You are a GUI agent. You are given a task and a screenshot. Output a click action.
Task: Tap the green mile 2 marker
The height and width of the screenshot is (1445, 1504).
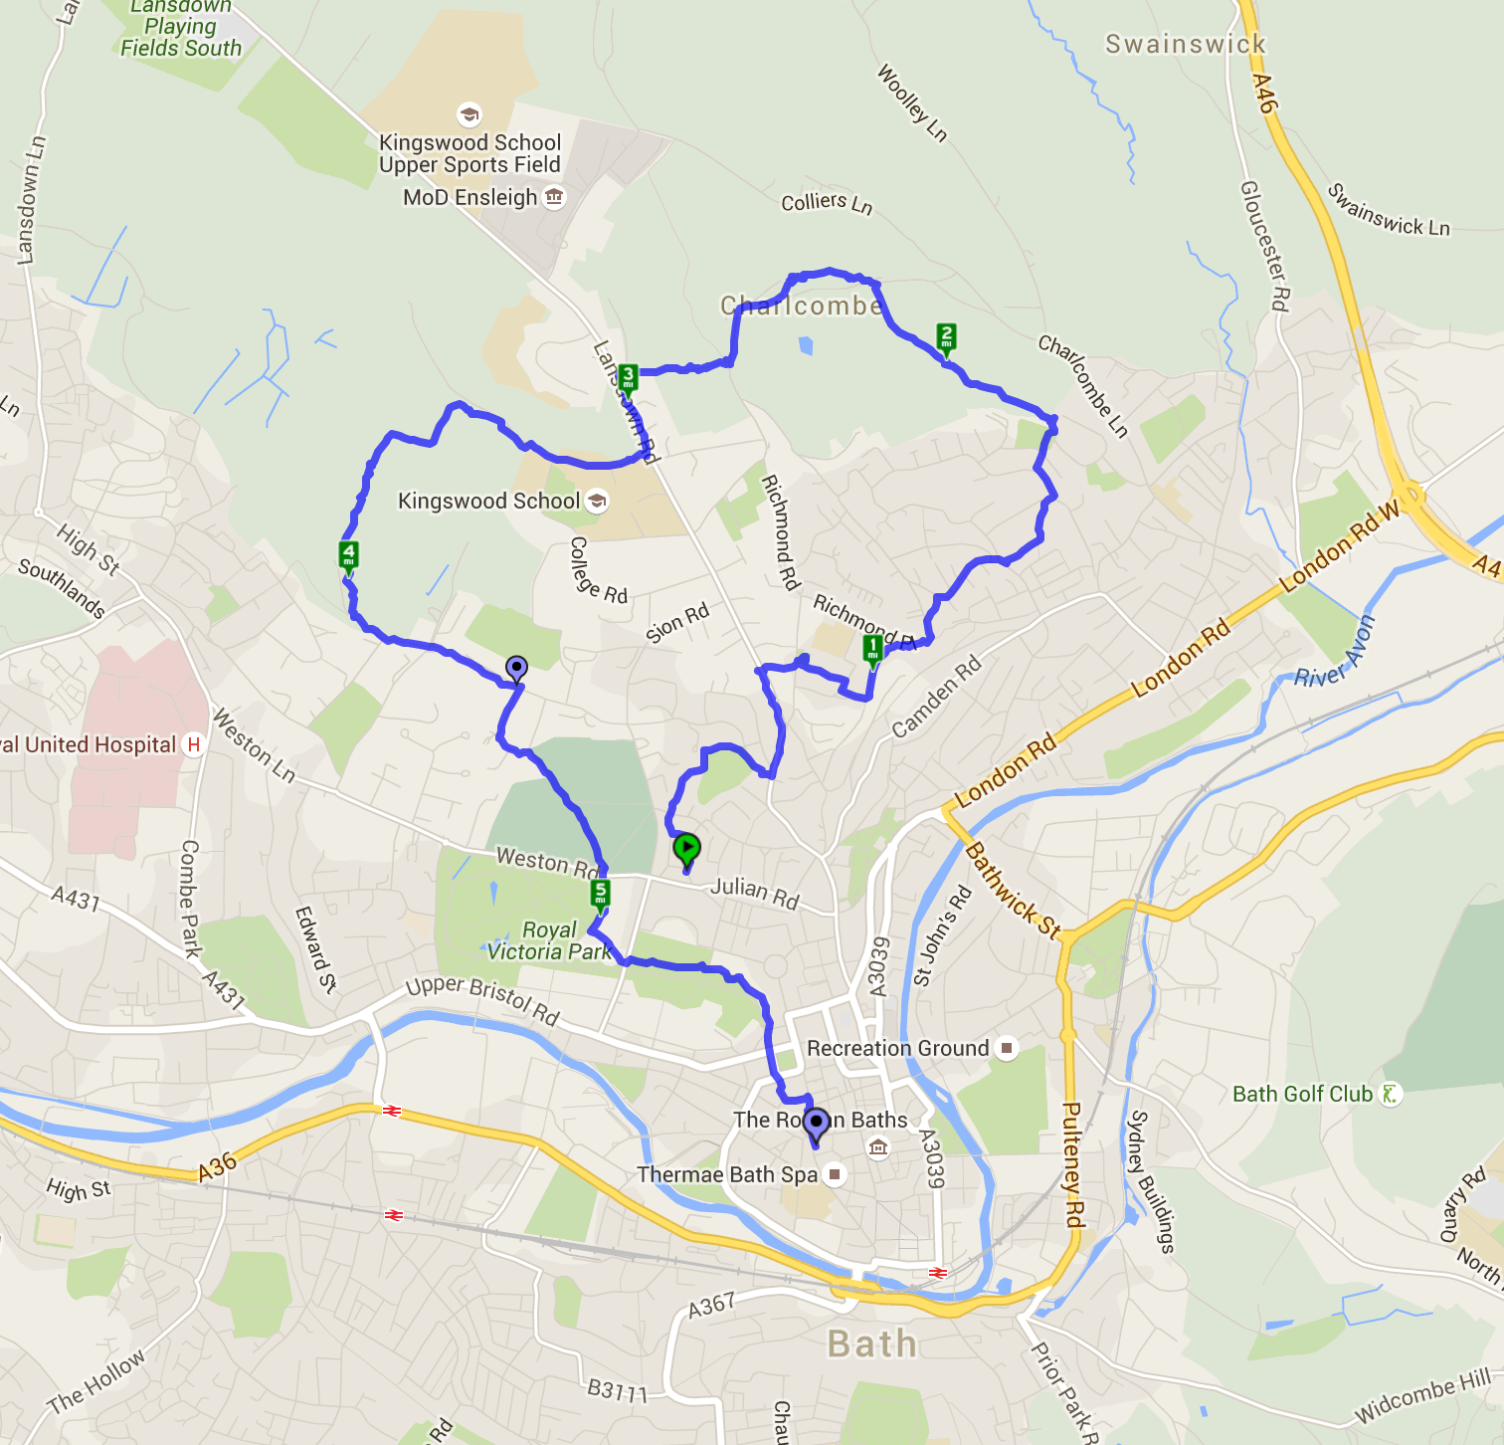(946, 337)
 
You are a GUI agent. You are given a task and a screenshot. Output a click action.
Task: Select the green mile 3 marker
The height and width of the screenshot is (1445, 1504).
(628, 379)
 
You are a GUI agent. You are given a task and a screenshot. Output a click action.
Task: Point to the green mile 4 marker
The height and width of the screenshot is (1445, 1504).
(348, 555)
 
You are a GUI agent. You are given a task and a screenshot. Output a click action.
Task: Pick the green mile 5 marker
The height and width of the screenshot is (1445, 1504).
(600, 894)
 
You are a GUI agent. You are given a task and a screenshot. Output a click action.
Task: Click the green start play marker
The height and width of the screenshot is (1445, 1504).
(686, 849)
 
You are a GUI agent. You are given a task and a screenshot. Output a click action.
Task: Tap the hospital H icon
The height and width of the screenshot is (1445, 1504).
(194, 744)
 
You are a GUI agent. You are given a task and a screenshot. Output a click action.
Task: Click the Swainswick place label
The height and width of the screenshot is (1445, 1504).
(1186, 44)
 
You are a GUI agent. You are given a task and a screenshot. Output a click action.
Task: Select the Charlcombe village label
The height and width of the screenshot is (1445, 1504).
(802, 306)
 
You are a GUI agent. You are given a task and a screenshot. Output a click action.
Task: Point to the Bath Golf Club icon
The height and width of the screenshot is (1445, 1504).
(1390, 1094)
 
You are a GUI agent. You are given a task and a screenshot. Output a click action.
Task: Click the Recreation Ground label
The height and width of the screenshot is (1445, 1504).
(897, 1048)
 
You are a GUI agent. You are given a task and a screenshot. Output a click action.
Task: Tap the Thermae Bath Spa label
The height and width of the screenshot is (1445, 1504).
(727, 1174)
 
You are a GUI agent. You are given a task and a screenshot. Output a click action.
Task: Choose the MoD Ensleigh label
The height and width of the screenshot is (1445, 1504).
(470, 197)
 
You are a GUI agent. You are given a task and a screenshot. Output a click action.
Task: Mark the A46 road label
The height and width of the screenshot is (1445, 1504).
(1263, 93)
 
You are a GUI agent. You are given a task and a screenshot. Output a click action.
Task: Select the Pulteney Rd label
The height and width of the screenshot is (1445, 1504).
(1073, 1164)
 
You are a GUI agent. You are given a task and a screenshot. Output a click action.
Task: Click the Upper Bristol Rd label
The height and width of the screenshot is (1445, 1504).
(482, 999)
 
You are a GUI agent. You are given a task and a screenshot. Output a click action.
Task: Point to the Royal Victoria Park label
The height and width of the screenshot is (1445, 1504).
(549, 940)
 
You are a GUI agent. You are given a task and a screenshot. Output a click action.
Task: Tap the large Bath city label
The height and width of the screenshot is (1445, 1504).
(872, 1343)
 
